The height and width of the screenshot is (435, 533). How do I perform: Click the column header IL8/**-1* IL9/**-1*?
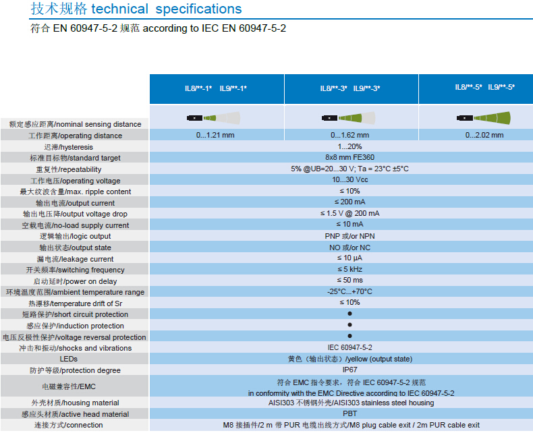point(216,88)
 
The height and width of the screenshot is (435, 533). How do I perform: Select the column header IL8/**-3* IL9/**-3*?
point(350,88)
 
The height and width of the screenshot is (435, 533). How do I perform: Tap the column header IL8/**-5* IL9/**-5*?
point(484,87)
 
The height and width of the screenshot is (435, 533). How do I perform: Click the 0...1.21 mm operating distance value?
point(216,135)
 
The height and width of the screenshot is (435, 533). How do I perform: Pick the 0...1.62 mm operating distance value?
point(350,135)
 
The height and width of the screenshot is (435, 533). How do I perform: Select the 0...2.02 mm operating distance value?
point(484,135)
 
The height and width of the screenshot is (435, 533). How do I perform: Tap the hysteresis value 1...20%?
point(350,146)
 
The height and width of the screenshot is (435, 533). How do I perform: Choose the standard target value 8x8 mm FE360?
point(350,158)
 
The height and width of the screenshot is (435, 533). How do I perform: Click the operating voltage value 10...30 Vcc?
point(350,180)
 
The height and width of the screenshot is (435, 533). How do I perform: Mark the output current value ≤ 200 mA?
point(350,202)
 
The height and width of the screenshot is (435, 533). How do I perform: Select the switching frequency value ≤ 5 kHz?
point(350,270)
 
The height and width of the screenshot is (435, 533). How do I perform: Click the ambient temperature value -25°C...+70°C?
point(350,291)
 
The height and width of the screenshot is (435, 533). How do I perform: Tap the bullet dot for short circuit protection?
point(350,314)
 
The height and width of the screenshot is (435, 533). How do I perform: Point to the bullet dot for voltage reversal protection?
point(350,337)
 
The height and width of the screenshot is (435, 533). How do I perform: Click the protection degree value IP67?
point(350,370)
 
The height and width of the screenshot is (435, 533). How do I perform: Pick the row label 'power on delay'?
point(75,281)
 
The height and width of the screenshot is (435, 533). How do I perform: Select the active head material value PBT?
point(350,413)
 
